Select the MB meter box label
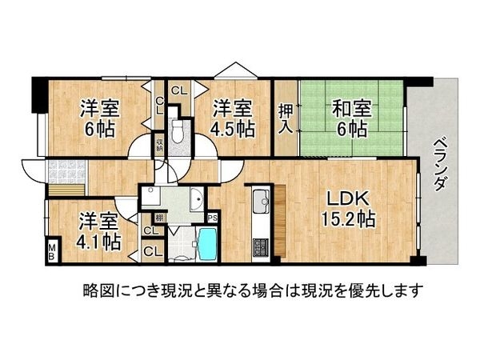[x=52, y=253]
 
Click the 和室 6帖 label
[x=348, y=118]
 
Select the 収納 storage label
[x=160, y=145]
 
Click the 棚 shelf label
[x=148, y=218]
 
